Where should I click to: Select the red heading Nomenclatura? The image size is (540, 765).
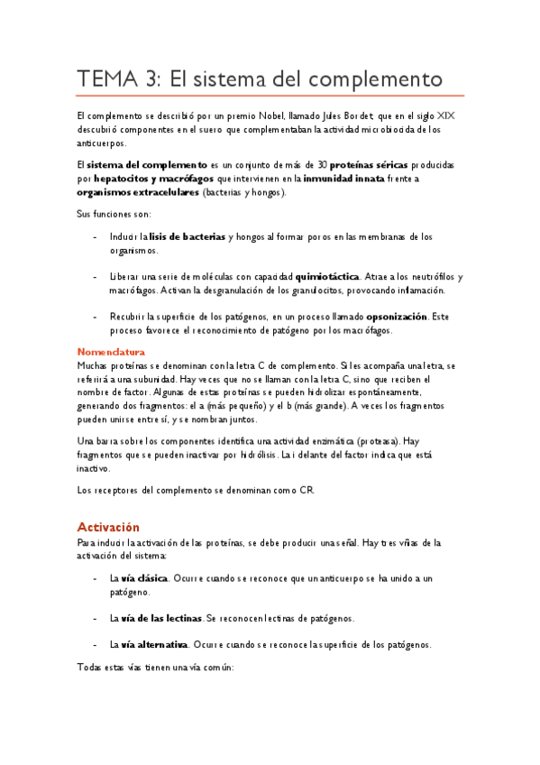[111, 351]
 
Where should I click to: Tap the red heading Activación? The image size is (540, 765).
[108, 526]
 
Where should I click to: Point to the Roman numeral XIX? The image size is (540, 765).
[444, 115]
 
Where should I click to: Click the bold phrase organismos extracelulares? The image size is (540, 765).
[138, 192]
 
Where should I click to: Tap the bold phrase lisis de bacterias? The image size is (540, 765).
[188, 236]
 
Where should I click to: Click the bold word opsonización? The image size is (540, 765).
[396, 317]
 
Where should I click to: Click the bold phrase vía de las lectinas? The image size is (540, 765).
[162, 618]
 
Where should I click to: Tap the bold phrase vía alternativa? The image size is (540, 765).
[155, 644]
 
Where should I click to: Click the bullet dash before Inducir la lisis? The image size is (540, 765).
[96, 236]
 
